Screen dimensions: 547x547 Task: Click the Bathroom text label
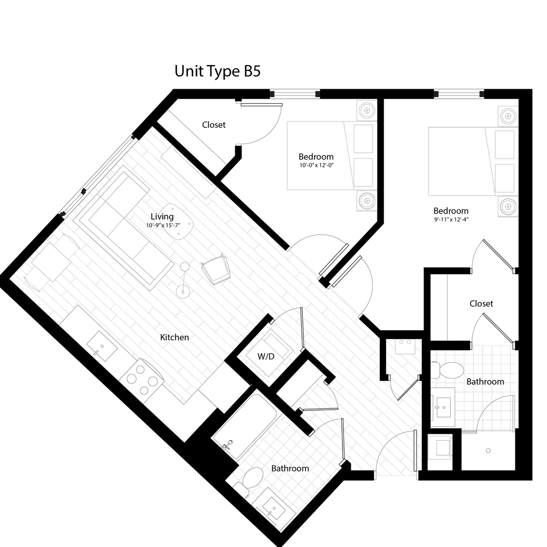click(x=290, y=468)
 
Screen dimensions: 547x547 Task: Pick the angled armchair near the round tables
click(x=216, y=270)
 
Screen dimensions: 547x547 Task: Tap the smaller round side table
click(x=184, y=267)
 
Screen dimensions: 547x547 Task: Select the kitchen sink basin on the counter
click(x=103, y=346)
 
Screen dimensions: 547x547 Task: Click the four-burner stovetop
click(x=142, y=379)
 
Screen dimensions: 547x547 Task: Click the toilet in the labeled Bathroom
click(x=250, y=478)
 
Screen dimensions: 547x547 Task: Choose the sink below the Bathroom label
click(x=275, y=508)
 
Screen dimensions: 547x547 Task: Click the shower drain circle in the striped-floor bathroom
click(x=488, y=451)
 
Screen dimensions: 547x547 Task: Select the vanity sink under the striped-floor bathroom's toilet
click(x=443, y=407)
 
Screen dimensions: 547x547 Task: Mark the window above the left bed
click(x=295, y=93)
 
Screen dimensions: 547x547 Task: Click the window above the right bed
click(x=459, y=93)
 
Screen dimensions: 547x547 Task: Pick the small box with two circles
click(x=405, y=346)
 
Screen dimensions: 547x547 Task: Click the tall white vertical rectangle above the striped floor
click(x=439, y=307)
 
